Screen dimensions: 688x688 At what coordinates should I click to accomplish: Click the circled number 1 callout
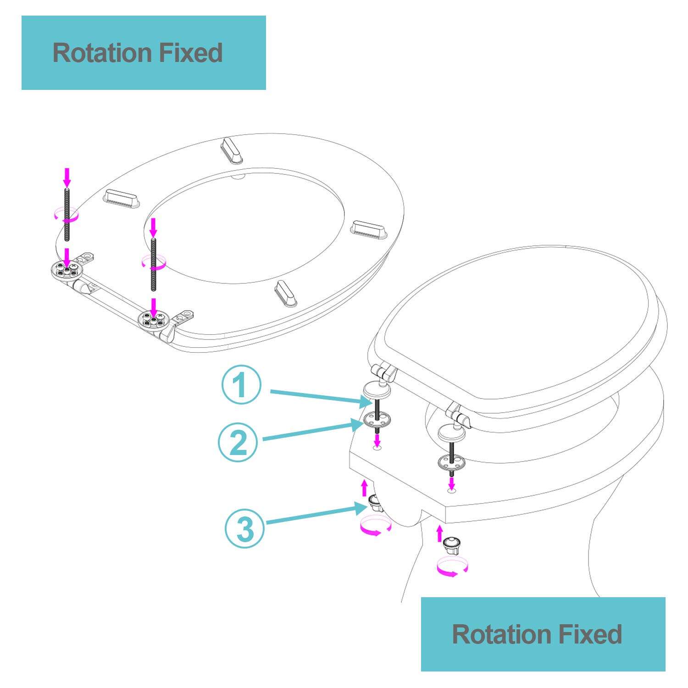(x=241, y=384)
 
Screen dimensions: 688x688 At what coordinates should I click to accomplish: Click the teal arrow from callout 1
(x=321, y=397)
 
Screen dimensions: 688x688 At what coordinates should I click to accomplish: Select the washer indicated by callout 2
(x=377, y=419)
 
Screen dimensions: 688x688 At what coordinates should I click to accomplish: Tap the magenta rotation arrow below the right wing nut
(x=452, y=567)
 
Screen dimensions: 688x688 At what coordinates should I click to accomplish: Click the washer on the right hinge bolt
(x=451, y=463)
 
